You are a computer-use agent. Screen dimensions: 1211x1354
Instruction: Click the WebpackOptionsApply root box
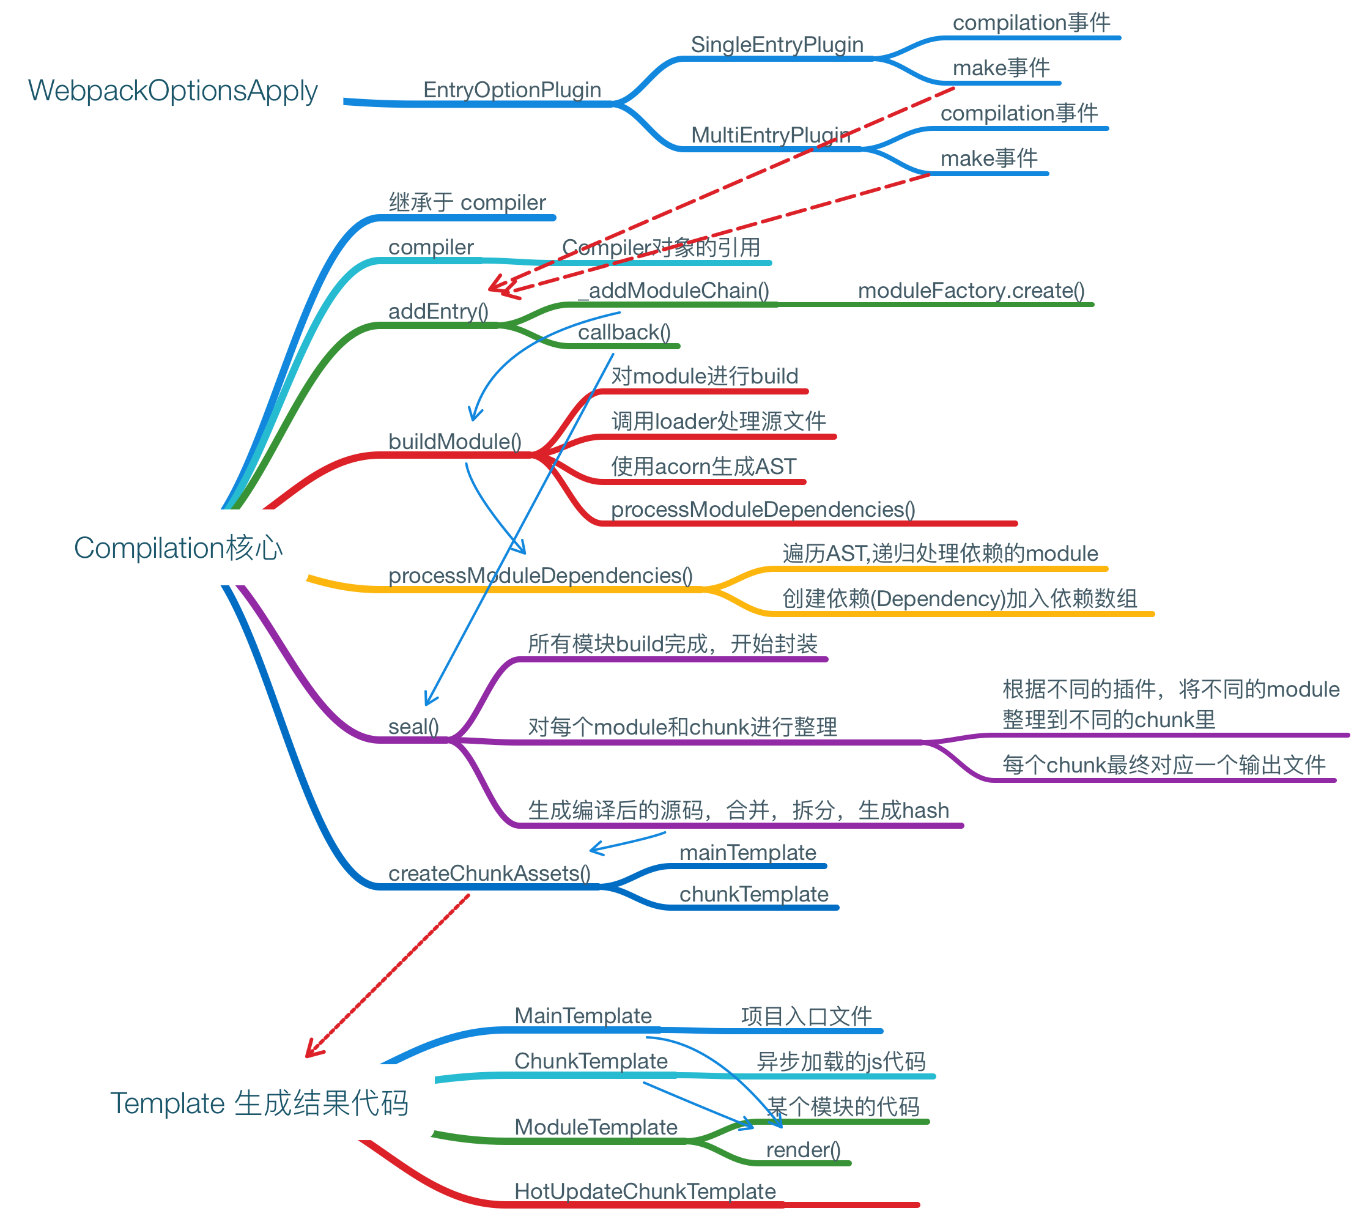tap(173, 90)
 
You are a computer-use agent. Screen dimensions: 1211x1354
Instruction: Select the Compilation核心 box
tap(179, 547)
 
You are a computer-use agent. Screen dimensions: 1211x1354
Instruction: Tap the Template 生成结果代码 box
tap(259, 1103)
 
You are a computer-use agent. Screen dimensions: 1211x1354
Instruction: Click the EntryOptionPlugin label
tap(512, 90)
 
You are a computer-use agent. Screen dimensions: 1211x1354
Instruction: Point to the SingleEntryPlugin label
tap(777, 45)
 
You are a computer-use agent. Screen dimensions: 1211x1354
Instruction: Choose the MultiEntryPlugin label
tap(770, 135)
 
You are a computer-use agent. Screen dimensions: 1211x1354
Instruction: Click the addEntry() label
tap(438, 311)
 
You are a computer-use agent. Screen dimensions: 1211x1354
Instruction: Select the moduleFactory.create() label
tap(971, 290)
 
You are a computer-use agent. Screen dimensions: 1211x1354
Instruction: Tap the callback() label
tap(623, 332)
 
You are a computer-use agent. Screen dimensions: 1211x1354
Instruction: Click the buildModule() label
tap(454, 441)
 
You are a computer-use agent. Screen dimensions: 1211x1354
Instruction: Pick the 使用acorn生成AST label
tap(703, 467)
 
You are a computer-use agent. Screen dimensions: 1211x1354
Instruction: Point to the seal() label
tap(413, 726)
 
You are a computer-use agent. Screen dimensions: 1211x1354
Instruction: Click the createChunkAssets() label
tap(489, 873)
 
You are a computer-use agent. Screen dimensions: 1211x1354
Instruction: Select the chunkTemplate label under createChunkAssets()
tap(753, 894)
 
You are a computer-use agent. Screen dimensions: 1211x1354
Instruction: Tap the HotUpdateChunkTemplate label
tap(645, 1191)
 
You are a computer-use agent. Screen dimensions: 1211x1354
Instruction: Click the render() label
tap(803, 1150)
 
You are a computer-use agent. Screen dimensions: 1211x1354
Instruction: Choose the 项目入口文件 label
tap(806, 1016)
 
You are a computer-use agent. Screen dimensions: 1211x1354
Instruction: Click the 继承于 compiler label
tap(467, 202)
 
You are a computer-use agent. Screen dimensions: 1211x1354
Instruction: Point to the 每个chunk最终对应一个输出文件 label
tap(1164, 765)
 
